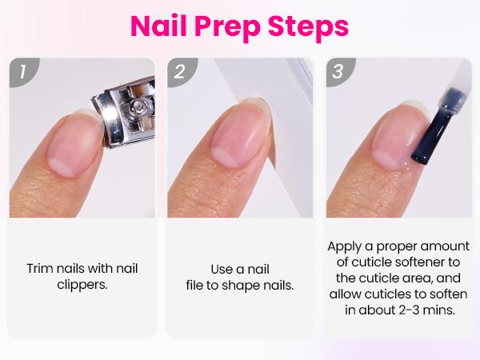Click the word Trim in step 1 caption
coord(42,268)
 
